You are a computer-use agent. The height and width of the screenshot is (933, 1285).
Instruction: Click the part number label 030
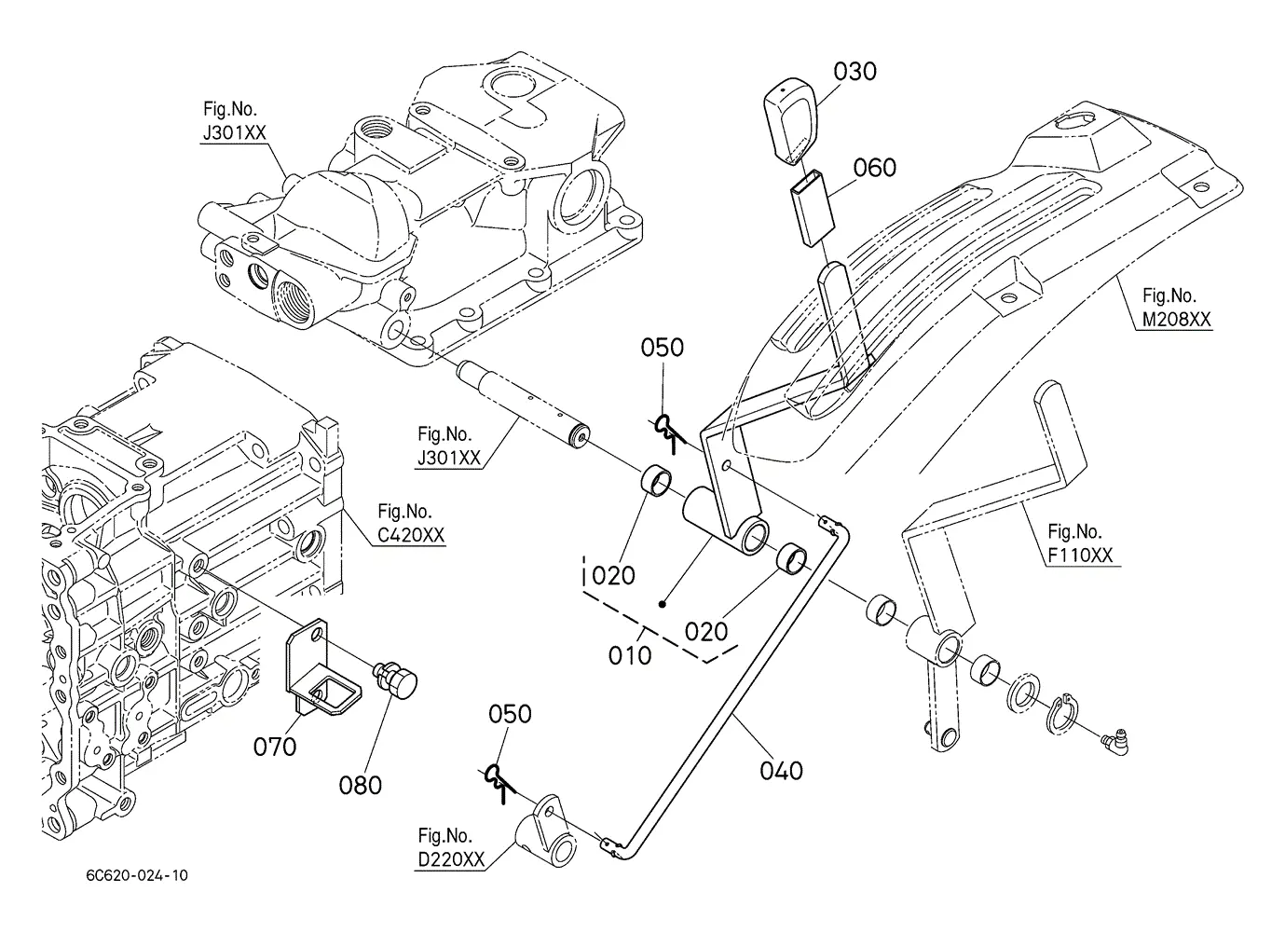(x=854, y=72)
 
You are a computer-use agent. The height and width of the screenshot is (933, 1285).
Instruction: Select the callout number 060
(x=874, y=168)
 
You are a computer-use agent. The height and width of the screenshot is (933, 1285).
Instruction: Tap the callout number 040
(x=781, y=771)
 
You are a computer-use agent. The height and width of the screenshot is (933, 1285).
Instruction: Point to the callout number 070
(x=275, y=748)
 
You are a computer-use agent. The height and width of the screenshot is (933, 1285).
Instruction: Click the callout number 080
(x=361, y=786)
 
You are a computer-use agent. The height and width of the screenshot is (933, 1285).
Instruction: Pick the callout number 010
(x=630, y=655)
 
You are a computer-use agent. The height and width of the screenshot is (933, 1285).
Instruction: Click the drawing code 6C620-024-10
(x=137, y=875)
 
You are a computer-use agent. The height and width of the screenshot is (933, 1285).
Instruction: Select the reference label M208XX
(x=1177, y=320)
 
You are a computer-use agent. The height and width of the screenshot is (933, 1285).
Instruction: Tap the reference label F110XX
(x=1080, y=556)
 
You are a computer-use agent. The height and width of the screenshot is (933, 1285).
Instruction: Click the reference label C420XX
(x=411, y=535)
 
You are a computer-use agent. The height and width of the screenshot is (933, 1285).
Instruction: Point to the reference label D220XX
(x=451, y=859)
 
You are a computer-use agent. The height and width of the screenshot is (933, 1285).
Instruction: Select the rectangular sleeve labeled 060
(x=813, y=208)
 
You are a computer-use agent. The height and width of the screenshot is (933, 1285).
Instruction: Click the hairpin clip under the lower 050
(x=498, y=783)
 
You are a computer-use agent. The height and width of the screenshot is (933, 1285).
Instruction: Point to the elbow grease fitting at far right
(x=1115, y=741)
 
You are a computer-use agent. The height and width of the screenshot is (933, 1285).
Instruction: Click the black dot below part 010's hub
(x=663, y=604)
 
